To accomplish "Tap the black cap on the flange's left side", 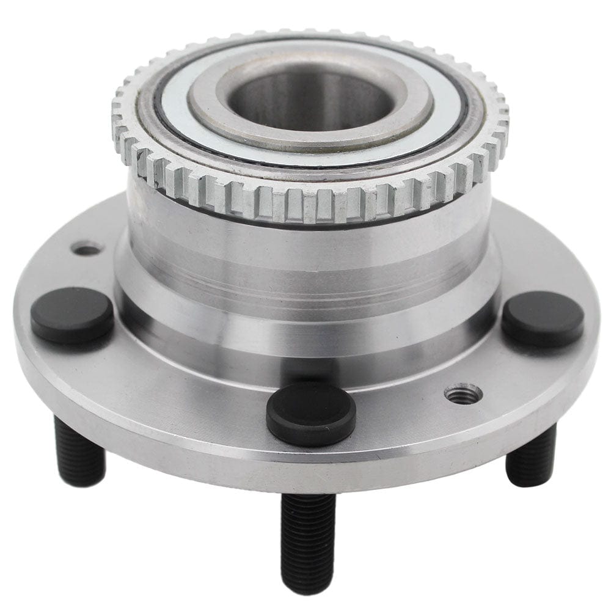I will pos(72,315).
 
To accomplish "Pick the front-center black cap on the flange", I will pos(311,414).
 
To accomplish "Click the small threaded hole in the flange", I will pos(463,394).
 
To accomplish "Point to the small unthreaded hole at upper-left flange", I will pos(86,248).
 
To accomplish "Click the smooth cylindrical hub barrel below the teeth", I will pos(305,257).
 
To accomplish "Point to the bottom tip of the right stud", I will pos(529,481).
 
